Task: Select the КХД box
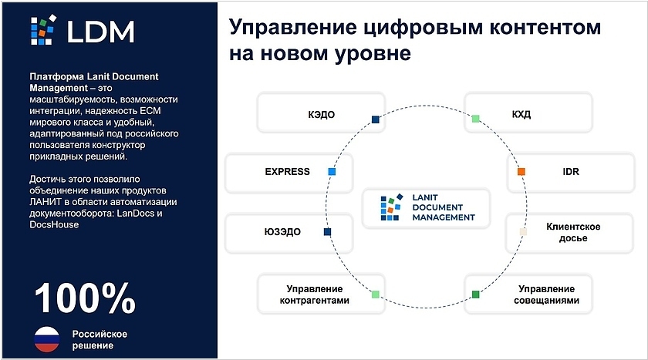[x=528, y=113]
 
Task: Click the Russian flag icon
[x=46, y=339]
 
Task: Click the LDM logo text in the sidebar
[x=100, y=32]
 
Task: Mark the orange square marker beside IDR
[x=521, y=171]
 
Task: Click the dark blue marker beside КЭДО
[x=376, y=119]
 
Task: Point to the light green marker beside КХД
[x=476, y=119]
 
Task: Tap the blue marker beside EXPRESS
[x=332, y=171]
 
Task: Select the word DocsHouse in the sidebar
[x=54, y=224]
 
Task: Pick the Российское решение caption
[x=100, y=339]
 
